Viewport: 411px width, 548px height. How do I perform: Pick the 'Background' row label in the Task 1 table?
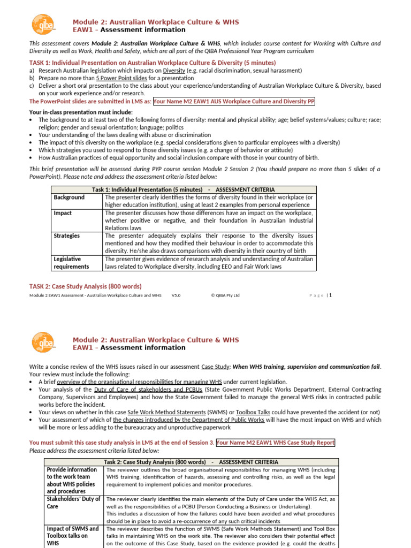[69, 197]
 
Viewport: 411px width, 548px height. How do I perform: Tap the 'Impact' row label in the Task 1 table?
[63, 213]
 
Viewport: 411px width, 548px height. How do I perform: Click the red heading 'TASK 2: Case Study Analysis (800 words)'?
[86, 286]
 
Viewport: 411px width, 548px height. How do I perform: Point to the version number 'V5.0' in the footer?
[177, 295]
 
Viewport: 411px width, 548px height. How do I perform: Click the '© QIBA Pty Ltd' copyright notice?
[225, 295]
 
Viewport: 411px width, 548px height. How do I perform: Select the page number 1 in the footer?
[331, 295]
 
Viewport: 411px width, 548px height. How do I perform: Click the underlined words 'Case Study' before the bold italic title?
[215, 367]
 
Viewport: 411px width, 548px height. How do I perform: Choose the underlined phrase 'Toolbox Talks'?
[238, 412]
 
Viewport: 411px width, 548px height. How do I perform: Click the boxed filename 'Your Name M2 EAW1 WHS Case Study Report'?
[276, 443]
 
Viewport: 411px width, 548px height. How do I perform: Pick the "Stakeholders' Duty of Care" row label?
[74, 503]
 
